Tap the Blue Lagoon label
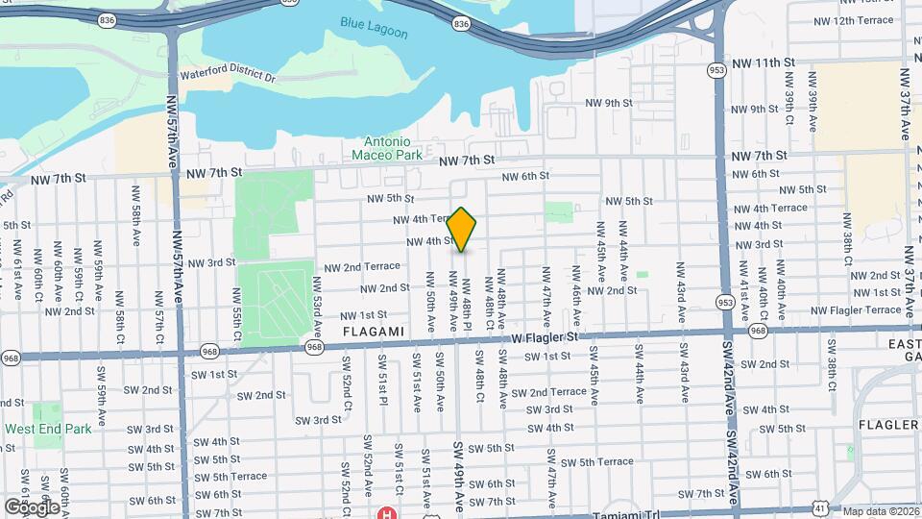tap(374, 27)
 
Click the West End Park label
tap(48, 429)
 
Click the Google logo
tap(32, 507)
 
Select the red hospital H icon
tap(388, 514)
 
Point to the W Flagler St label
tap(545, 337)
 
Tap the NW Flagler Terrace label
tap(857, 309)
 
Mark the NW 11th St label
tap(763, 62)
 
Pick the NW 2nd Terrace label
tap(362, 266)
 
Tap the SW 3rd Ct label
tap(318, 420)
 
